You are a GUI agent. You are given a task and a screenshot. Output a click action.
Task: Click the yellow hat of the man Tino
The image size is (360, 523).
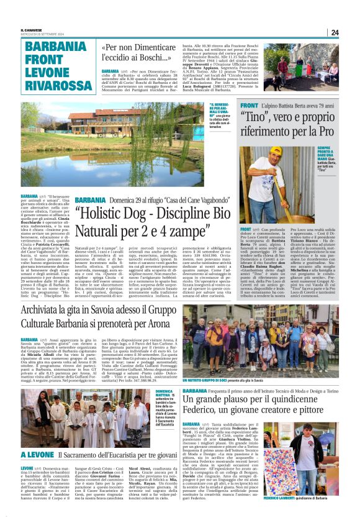[x=275, y=151]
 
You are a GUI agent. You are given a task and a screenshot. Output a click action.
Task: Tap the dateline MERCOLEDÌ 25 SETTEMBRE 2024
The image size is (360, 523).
[x=44, y=35]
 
